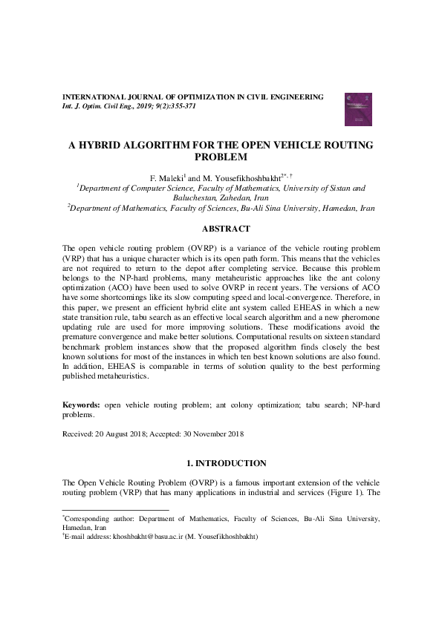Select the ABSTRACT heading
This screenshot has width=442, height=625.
(221, 229)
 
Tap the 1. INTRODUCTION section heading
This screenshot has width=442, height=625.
(221, 462)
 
